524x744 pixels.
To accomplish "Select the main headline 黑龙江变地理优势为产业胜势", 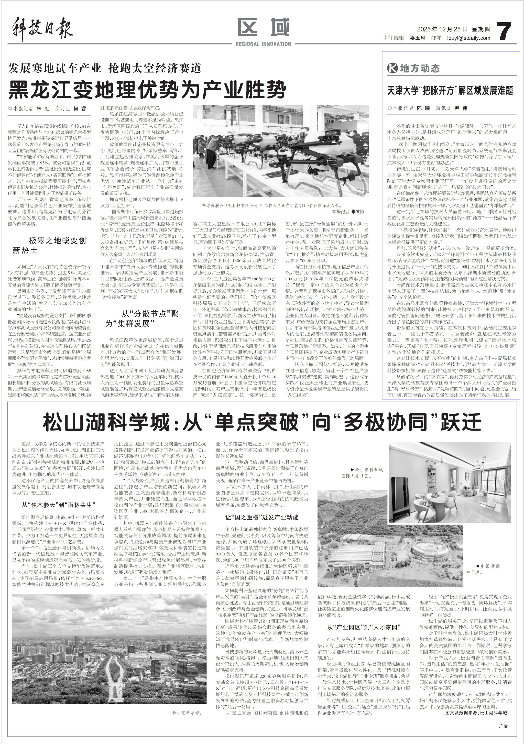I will coord(147,90).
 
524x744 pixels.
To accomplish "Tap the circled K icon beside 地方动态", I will coord(392,68).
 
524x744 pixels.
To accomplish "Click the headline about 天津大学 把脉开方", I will coord(450,90).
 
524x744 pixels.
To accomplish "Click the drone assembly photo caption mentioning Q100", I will coord(271,205).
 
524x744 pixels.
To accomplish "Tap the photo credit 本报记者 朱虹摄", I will coord(348,211).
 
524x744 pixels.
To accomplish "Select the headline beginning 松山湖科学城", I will coord(263,422).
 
